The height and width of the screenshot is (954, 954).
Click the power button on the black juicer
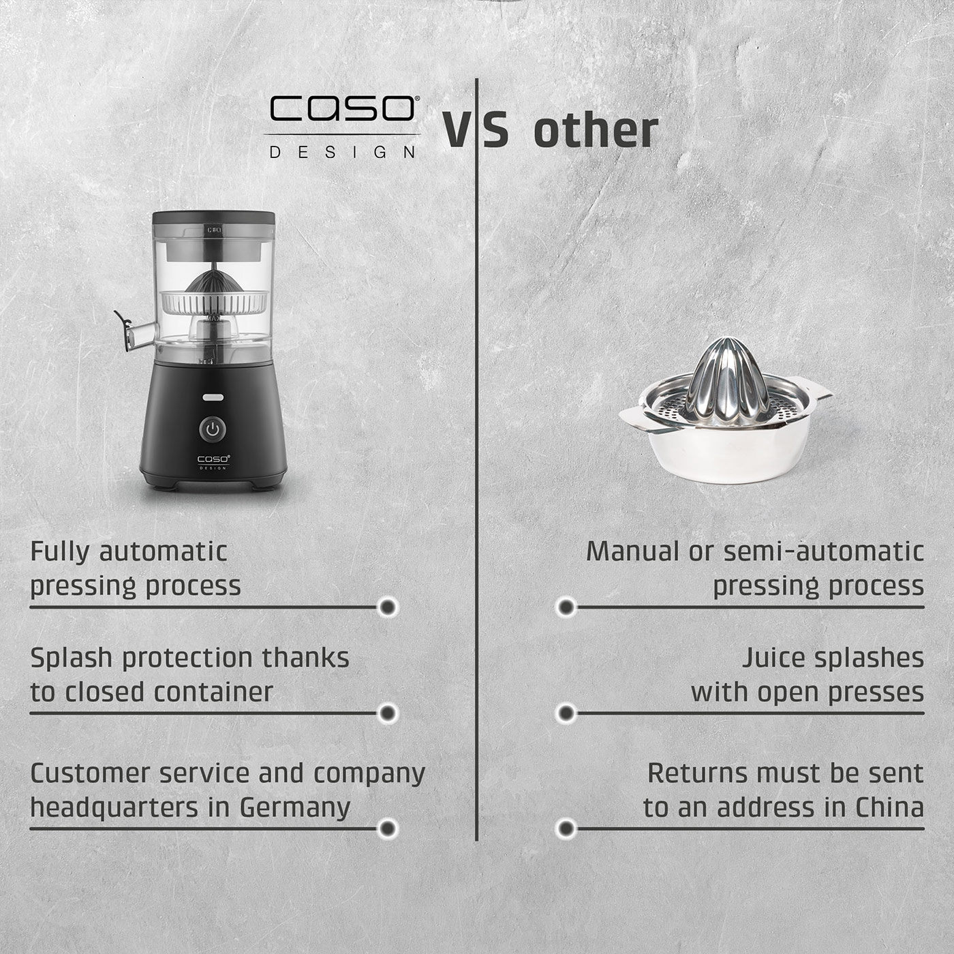point(213,429)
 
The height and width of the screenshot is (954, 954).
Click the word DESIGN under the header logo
point(343,152)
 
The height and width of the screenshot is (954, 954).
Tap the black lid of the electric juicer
point(213,219)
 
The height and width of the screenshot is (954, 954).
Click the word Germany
point(294,807)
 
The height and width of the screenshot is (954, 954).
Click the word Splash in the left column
point(72,658)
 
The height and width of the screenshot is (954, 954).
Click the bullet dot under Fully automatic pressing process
point(388,606)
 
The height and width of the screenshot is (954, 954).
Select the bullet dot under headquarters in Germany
point(388,829)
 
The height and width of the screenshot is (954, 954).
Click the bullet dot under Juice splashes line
point(566,713)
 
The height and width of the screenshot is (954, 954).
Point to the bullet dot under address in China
point(566,829)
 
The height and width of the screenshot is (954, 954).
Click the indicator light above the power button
point(213,397)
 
